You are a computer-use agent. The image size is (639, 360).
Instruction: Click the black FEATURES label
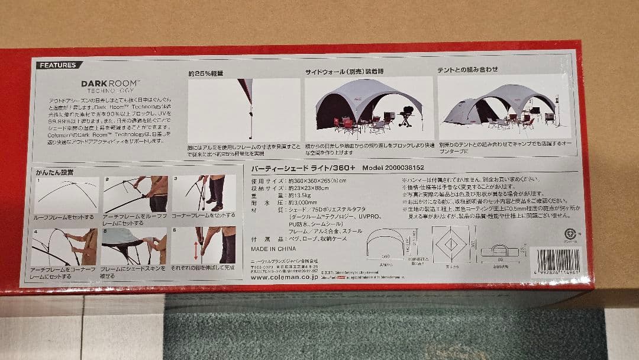57,65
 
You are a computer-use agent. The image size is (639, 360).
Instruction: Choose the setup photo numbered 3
204,194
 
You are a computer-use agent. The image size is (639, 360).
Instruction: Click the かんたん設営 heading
55,172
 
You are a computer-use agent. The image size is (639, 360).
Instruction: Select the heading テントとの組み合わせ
467,70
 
